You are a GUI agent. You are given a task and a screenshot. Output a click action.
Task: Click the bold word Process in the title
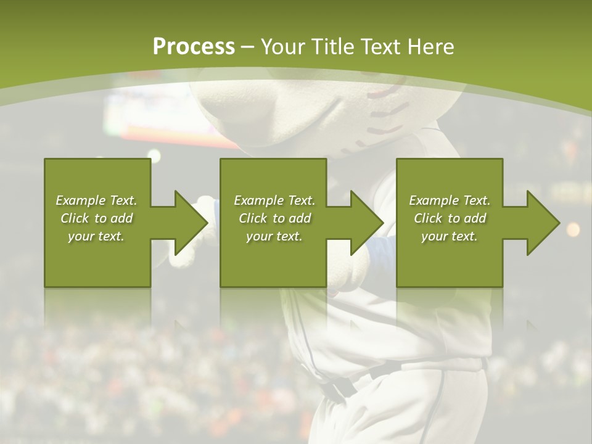(194, 47)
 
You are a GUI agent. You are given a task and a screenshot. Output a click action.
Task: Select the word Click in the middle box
(252, 218)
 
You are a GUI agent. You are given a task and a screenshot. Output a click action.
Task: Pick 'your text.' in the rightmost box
(449, 236)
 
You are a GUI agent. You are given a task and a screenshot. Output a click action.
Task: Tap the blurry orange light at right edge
(573, 229)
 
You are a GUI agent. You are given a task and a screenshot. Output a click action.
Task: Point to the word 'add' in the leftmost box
(121, 218)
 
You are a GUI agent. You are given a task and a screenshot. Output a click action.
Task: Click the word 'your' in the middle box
(258, 236)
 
